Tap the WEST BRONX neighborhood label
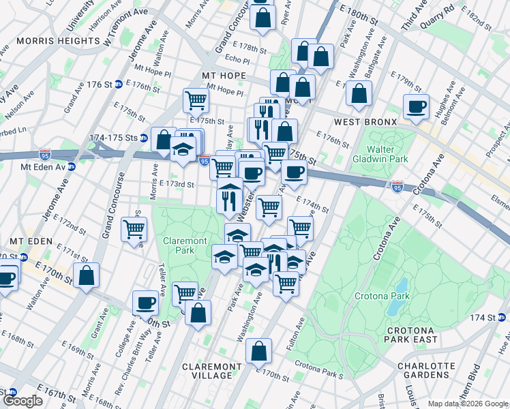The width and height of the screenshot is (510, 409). (365, 122)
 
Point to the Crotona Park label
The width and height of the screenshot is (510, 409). (382, 296)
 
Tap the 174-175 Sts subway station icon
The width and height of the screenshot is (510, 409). (144, 138)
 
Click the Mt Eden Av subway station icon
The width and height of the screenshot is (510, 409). (72, 166)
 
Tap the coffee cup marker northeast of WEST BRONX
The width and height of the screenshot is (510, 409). (415, 106)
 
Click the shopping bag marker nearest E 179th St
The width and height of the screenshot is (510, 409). (358, 93)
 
